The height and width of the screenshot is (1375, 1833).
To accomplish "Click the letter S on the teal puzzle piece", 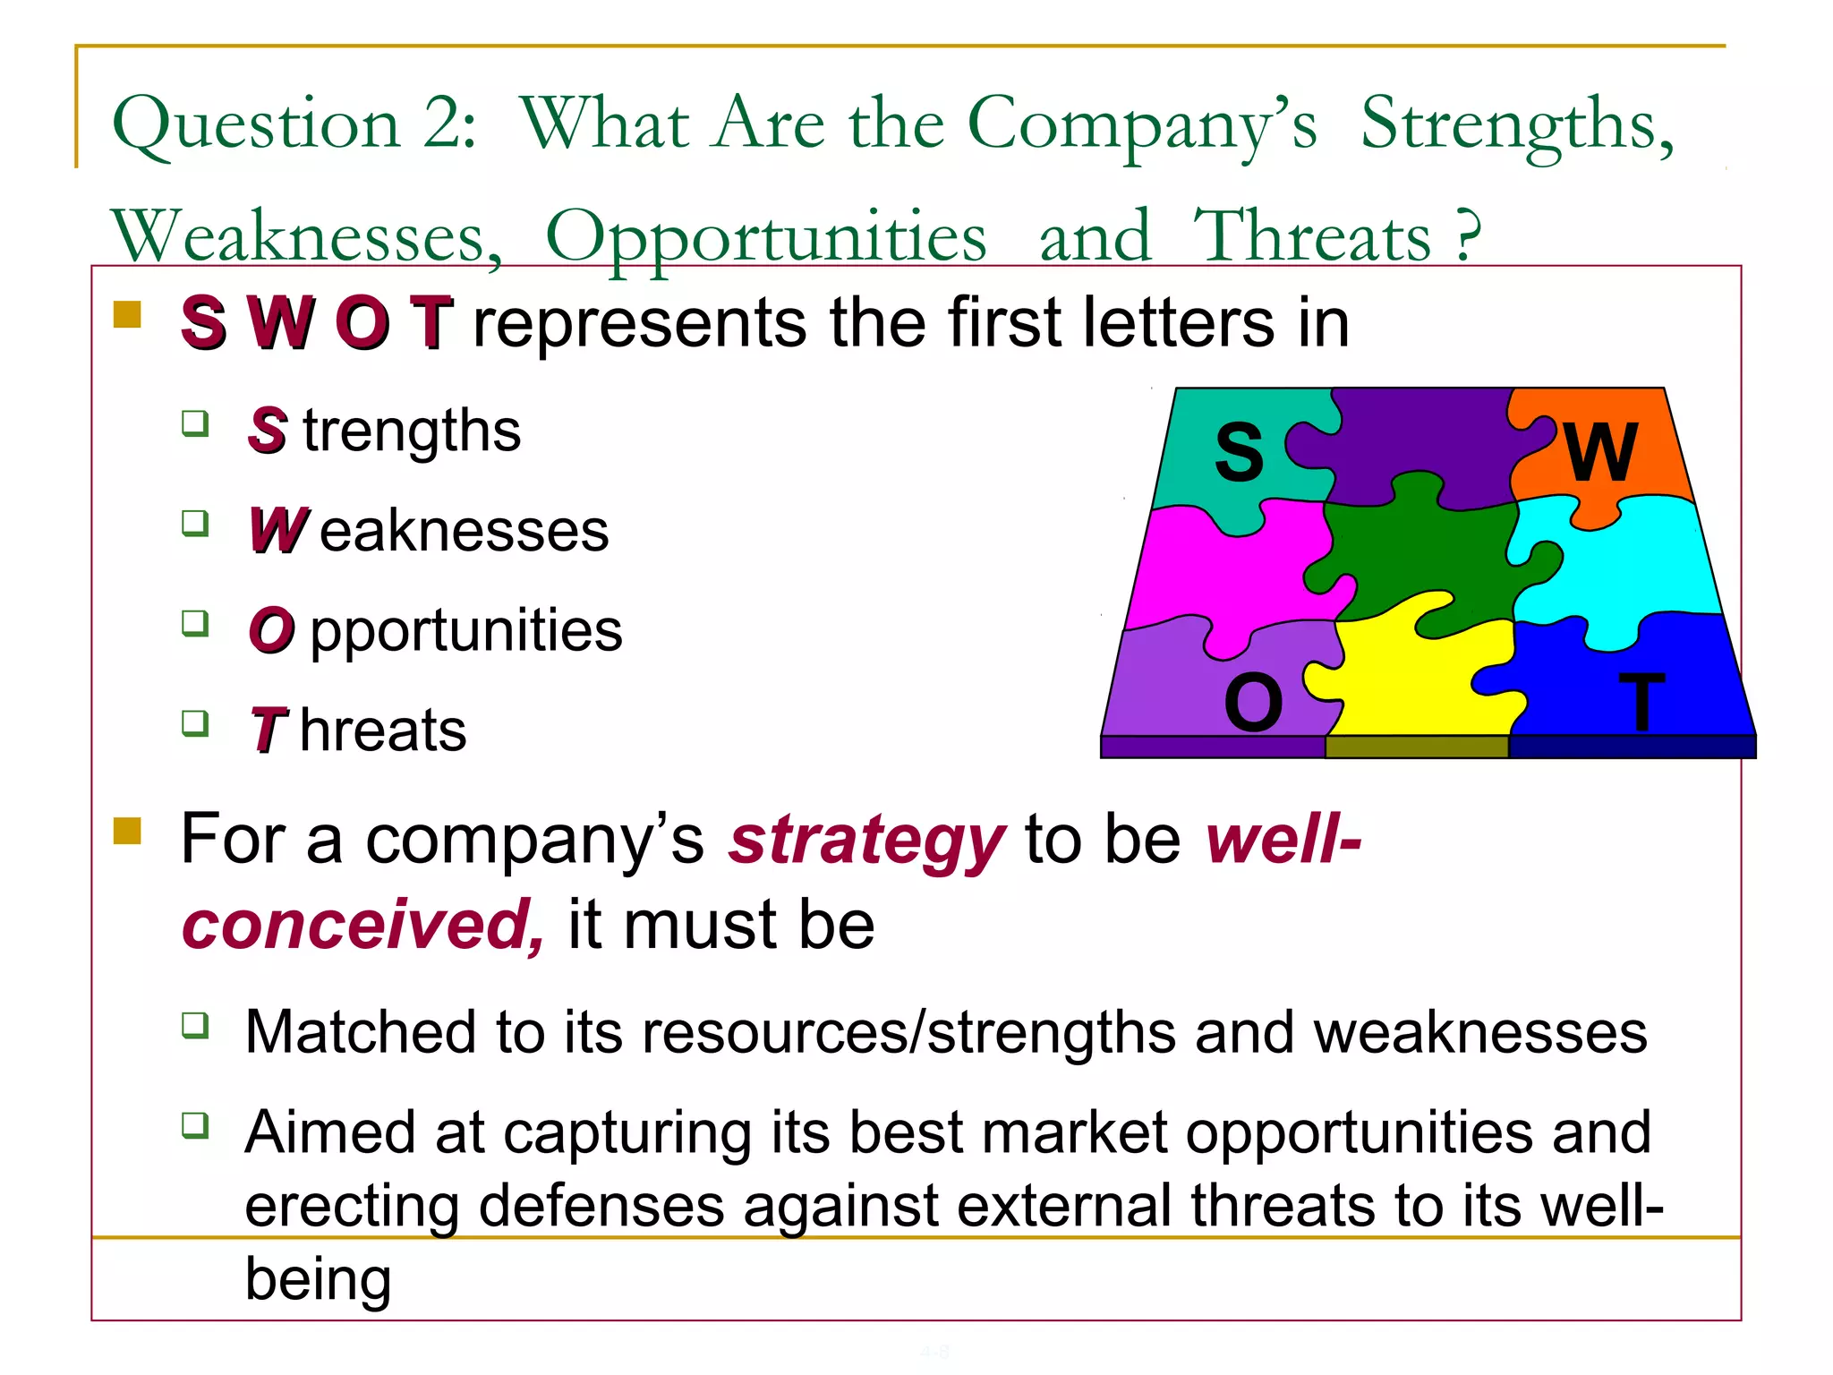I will click(1239, 454).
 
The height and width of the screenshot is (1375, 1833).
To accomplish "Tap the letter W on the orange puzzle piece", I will click(1601, 452).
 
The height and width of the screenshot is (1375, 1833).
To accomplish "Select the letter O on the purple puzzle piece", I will click(1253, 703).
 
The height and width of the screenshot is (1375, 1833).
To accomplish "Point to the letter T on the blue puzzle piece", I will click(1641, 703).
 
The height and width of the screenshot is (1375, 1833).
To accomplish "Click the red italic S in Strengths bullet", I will click(268, 431).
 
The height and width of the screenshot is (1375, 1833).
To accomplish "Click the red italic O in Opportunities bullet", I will click(272, 631).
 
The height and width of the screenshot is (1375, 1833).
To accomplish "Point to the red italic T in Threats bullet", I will click(268, 730).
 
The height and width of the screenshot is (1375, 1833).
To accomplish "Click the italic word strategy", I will click(866, 841).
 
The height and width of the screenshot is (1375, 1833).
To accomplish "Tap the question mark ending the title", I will click(1466, 235).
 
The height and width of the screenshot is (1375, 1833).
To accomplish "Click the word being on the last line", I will click(318, 1280).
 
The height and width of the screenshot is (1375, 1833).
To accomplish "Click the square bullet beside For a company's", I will click(128, 831).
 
